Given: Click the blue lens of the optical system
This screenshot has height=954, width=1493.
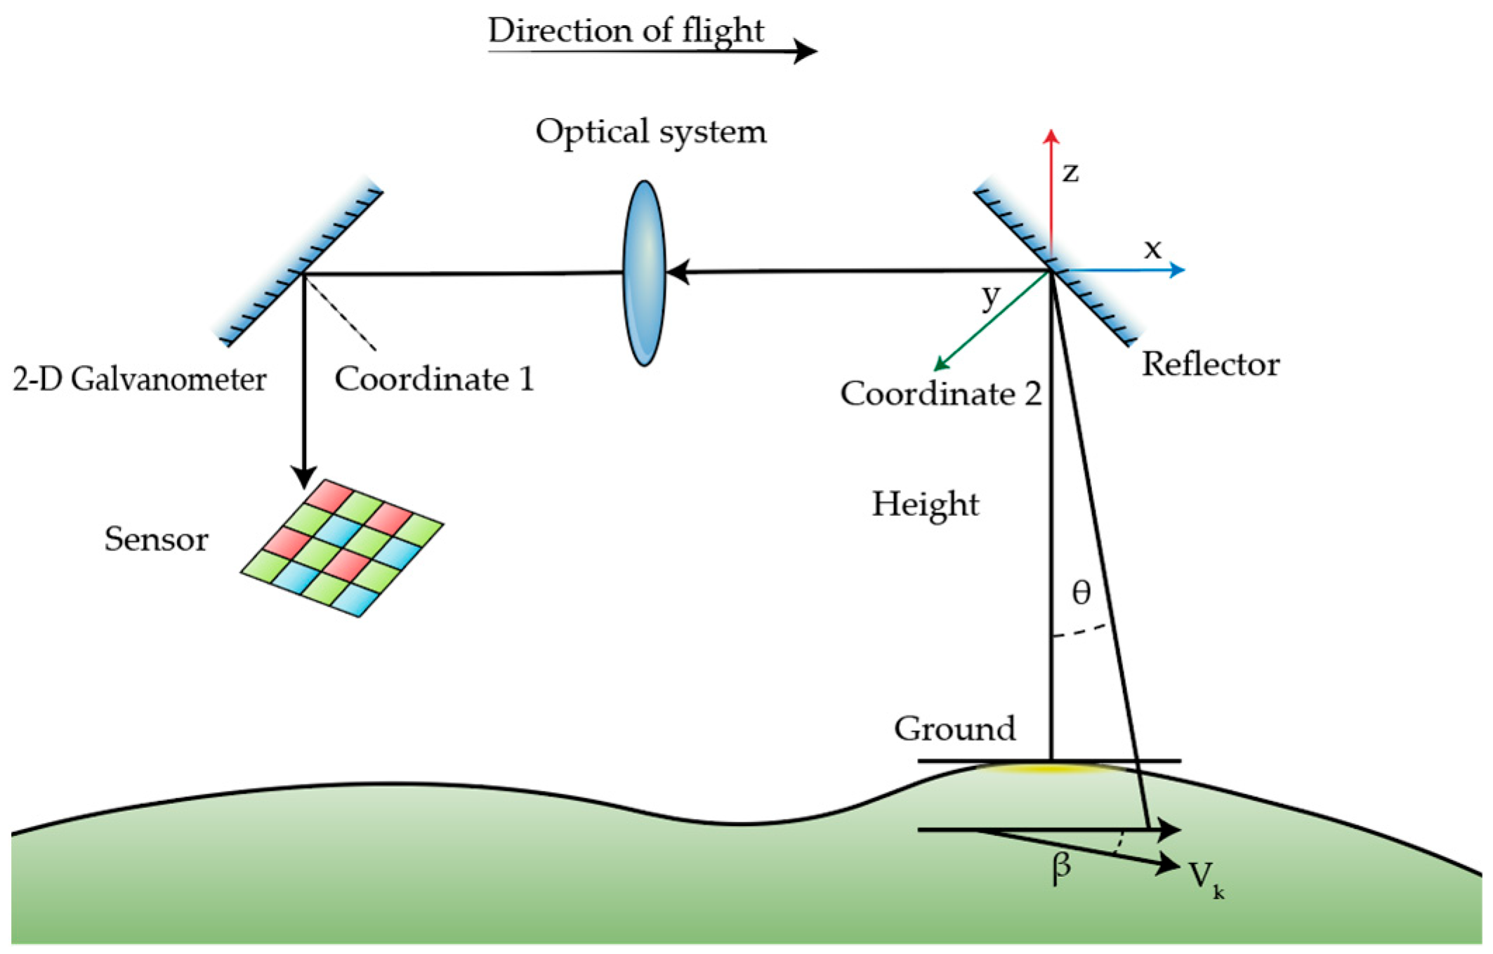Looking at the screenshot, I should (x=644, y=273).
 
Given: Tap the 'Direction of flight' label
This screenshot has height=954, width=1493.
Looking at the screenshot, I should (x=625, y=31).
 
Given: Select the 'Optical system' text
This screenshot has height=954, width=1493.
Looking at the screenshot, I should (x=650, y=132).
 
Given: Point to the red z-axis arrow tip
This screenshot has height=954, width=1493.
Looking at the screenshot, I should (x=1051, y=135).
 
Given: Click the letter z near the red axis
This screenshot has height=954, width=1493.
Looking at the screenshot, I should (x=1070, y=173).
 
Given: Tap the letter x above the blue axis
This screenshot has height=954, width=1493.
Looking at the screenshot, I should (x=1152, y=249).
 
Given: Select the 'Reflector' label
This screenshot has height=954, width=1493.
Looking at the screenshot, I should (x=1210, y=364).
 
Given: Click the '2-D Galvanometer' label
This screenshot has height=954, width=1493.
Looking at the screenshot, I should (x=139, y=380).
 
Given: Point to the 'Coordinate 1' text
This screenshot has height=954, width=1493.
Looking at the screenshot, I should (x=434, y=379).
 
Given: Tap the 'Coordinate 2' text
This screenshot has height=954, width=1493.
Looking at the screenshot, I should (x=940, y=394).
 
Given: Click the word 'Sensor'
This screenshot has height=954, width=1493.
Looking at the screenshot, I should (x=156, y=540).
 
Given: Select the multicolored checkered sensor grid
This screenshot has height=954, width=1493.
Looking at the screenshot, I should (x=342, y=548).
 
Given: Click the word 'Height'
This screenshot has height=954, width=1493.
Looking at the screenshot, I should (x=925, y=505).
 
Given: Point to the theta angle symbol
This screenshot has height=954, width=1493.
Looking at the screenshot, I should (x=1081, y=593).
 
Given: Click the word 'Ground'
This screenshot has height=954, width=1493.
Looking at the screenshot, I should (x=954, y=729).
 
